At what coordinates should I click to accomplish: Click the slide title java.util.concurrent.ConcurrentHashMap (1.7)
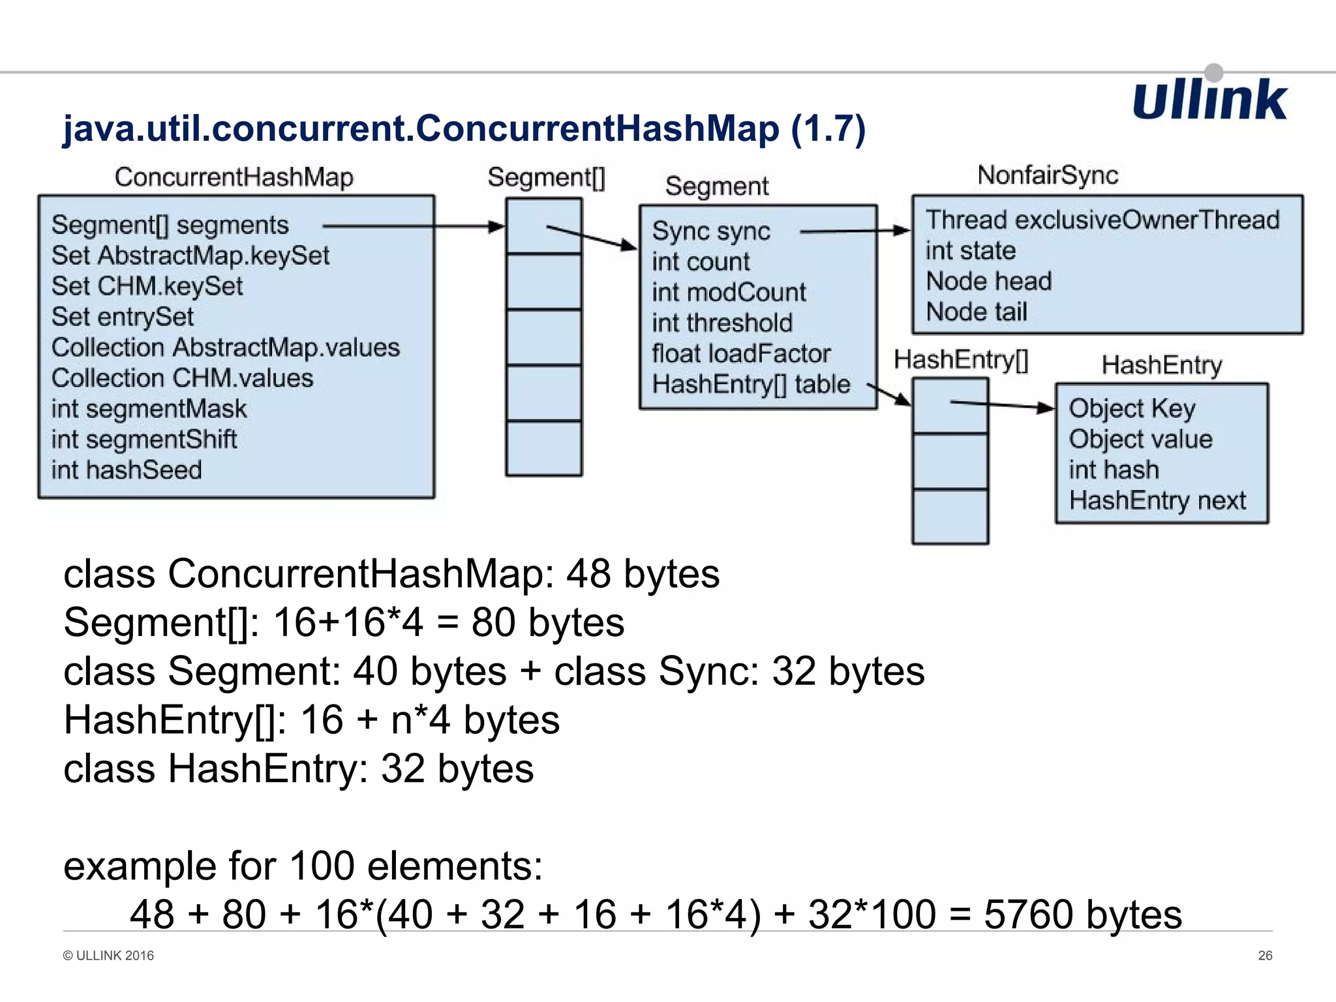click(x=463, y=128)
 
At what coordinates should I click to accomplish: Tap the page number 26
click(x=1265, y=956)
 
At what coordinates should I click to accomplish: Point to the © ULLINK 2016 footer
click(x=108, y=956)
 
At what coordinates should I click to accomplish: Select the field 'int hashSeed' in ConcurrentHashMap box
click(x=127, y=470)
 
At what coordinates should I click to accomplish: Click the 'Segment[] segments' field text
click(x=170, y=225)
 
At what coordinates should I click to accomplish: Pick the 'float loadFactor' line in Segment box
click(x=741, y=354)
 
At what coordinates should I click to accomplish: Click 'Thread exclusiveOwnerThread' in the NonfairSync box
click(x=1102, y=220)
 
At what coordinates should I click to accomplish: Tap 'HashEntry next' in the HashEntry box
click(x=1157, y=500)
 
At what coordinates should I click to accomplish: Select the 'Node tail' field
click(x=977, y=312)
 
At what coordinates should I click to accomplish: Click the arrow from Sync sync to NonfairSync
click(x=855, y=231)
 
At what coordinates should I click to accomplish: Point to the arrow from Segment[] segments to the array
click(x=414, y=226)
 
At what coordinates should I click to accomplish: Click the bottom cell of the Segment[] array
click(x=544, y=449)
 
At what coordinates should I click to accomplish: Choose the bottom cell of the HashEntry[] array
click(x=950, y=517)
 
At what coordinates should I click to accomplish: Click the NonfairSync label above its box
click(x=1048, y=175)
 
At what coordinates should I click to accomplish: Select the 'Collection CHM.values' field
click(x=182, y=378)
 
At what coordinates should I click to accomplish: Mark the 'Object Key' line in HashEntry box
click(x=1132, y=408)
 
